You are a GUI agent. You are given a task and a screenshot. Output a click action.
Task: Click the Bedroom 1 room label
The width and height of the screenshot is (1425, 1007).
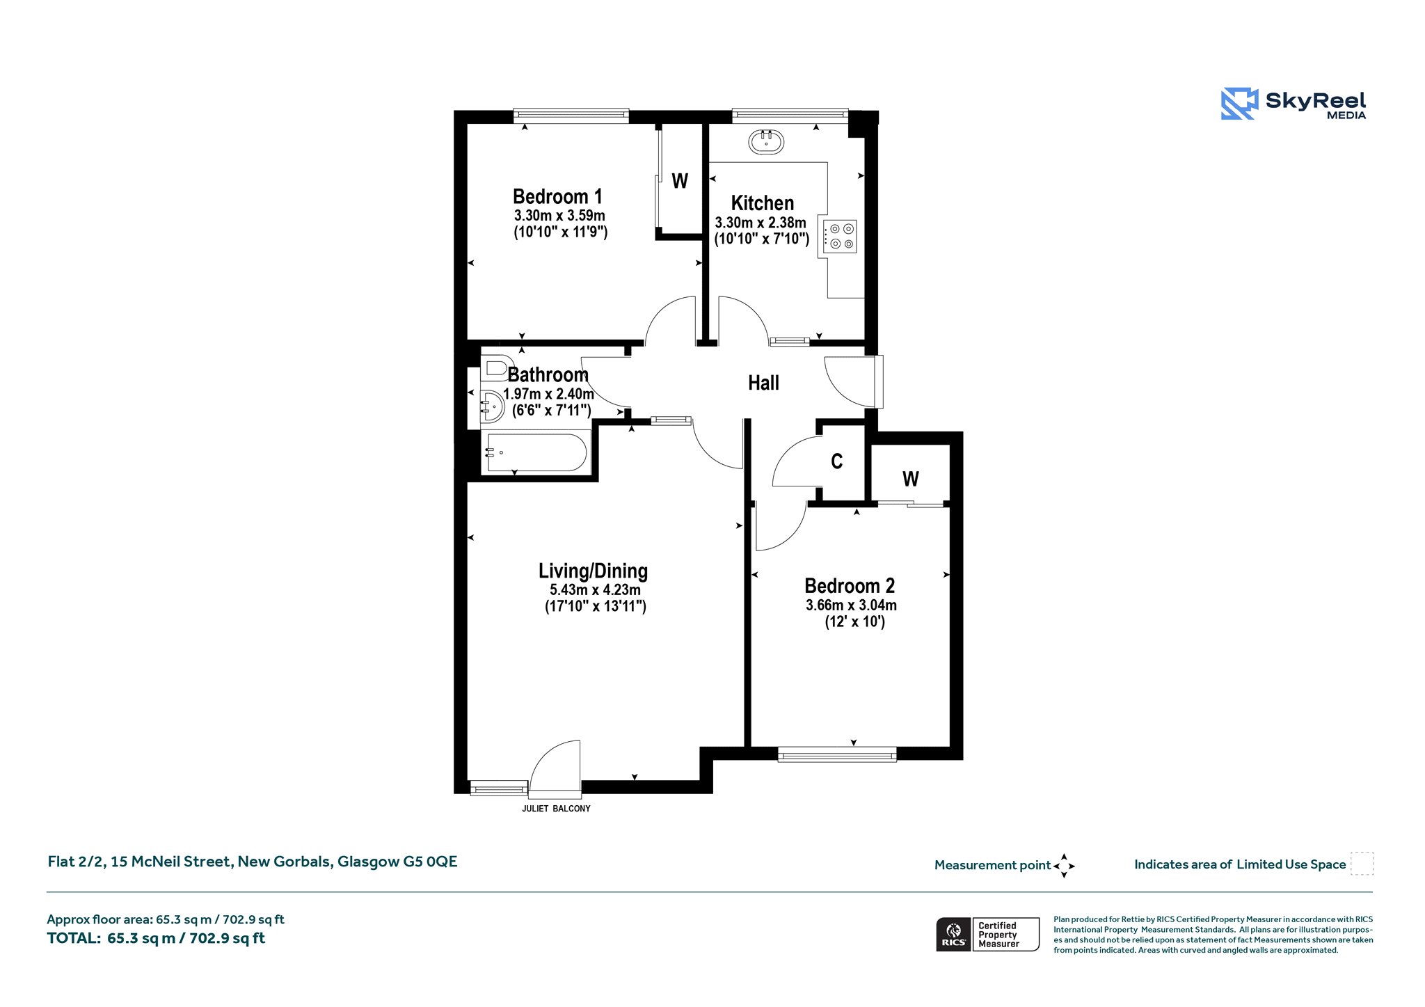pyautogui.click(x=557, y=196)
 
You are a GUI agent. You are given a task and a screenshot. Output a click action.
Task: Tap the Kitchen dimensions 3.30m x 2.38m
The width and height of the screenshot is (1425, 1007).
pyautogui.click(x=761, y=223)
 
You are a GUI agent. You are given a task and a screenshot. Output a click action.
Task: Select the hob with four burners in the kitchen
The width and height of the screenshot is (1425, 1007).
pyautogui.click(x=840, y=236)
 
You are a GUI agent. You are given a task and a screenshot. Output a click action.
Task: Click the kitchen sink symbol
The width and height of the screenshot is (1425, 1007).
pyautogui.click(x=766, y=142)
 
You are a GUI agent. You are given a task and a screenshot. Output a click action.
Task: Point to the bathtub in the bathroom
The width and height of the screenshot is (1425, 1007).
pyautogui.click(x=536, y=453)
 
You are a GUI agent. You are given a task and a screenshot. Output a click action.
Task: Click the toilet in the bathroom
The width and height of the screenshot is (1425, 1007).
pyautogui.click(x=495, y=368)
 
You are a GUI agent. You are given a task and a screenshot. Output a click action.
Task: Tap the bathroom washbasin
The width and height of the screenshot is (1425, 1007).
pyautogui.click(x=492, y=406)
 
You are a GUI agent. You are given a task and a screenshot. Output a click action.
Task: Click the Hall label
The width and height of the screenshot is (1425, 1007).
pyautogui.click(x=763, y=383)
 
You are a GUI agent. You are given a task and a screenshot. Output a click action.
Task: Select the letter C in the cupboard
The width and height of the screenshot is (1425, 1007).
pyautogui.click(x=837, y=461)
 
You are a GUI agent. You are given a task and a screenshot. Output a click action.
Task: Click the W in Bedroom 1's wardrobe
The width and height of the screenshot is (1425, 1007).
pyautogui.click(x=680, y=181)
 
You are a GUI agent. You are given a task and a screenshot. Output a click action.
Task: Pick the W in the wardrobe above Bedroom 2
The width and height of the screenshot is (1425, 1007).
pyautogui.click(x=911, y=479)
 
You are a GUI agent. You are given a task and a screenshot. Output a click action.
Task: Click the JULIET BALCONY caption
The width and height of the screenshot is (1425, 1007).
pyautogui.click(x=556, y=809)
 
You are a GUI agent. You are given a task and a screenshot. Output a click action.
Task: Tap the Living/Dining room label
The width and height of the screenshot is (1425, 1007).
pyautogui.click(x=593, y=571)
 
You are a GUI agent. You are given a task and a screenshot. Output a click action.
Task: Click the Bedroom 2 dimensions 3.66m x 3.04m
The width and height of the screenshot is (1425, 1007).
pyautogui.click(x=851, y=605)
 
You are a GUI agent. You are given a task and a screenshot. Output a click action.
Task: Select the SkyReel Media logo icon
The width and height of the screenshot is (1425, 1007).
pyautogui.click(x=1239, y=104)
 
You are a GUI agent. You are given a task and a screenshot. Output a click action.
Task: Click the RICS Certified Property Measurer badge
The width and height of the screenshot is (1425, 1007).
pyautogui.click(x=987, y=934)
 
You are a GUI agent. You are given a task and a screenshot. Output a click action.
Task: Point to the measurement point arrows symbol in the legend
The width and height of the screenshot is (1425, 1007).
pyautogui.click(x=1064, y=866)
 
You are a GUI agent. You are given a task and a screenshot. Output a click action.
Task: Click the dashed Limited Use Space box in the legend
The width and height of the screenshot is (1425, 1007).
pyautogui.click(x=1362, y=864)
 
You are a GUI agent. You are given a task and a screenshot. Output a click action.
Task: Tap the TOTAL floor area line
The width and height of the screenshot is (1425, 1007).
pyautogui.click(x=156, y=938)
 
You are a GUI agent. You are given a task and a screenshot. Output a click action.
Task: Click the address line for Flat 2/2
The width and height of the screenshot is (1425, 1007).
pyautogui.click(x=253, y=862)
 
